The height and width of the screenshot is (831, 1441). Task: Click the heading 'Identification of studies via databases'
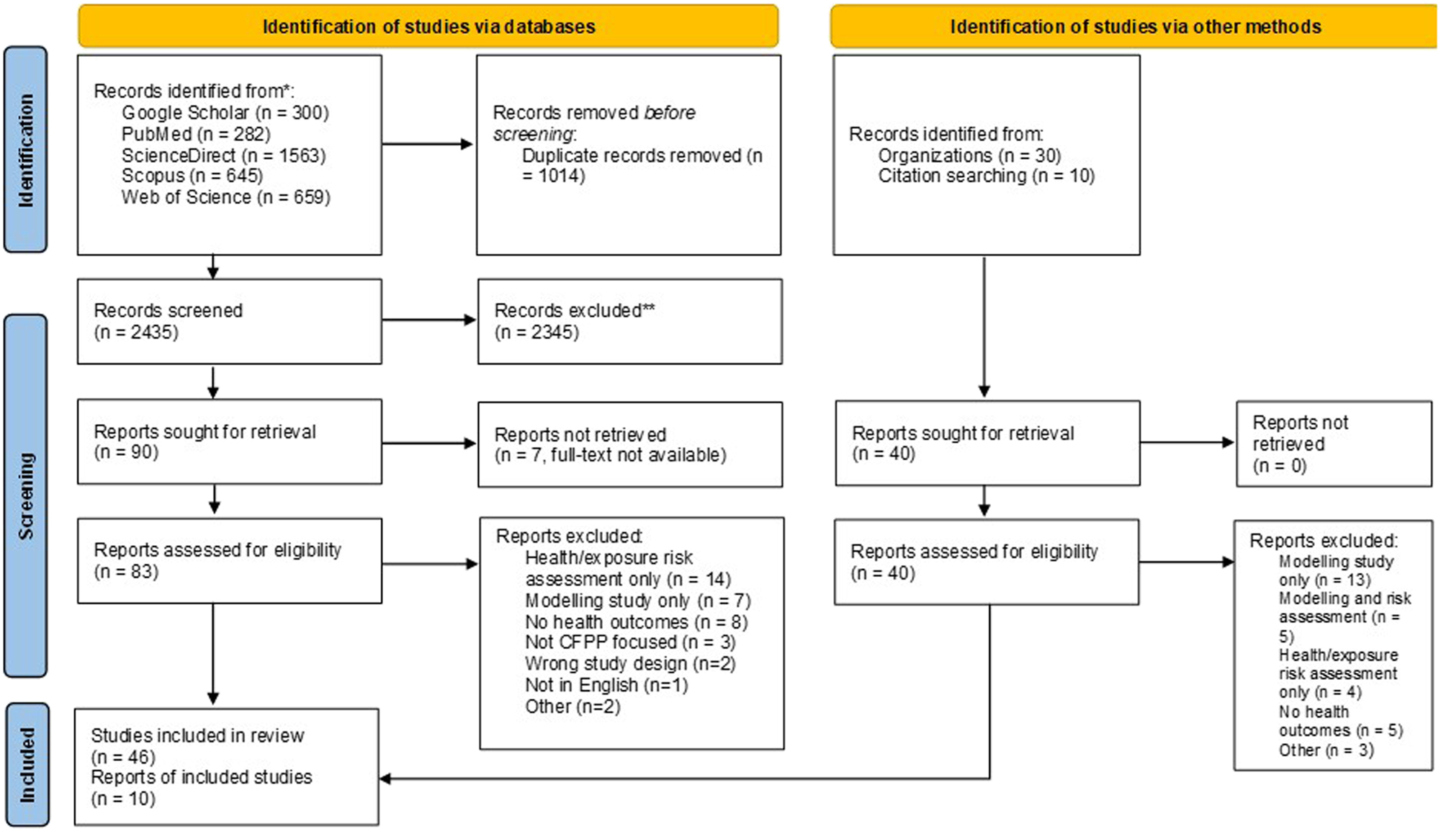[x=428, y=27]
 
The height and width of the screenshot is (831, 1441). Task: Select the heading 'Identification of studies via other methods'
[x=1135, y=27]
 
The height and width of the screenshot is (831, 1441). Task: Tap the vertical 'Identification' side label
[x=26, y=150]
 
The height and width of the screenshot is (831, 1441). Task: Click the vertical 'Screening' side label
[x=26, y=495]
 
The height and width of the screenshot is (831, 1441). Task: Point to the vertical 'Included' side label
[x=27, y=764]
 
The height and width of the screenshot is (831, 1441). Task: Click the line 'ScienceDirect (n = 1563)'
[x=223, y=156]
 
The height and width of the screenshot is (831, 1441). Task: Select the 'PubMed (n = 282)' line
[x=196, y=135]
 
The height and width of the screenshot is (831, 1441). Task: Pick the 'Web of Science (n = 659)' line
[x=225, y=197]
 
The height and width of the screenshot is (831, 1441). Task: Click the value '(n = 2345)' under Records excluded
[x=537, y=333]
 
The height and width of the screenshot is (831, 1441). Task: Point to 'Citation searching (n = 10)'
[x=986, y=176]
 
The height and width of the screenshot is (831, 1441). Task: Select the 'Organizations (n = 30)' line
[x=969, y=156]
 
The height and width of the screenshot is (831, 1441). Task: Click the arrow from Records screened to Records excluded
[x=428, y=320]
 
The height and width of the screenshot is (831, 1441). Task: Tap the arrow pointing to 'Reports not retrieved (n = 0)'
[x=1188, y=442]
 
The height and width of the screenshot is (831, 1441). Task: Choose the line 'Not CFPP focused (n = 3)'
[x=630, y=642]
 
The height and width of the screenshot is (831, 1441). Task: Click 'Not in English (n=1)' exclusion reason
[x=606, y=685]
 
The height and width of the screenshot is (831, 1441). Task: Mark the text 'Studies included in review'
[x=197, y=736]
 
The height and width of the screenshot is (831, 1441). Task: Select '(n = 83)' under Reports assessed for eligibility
[x=126, y=572]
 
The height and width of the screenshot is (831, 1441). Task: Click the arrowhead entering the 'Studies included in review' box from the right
[x=386, y=778]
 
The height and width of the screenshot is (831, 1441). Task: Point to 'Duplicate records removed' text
[x=632, y=156]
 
